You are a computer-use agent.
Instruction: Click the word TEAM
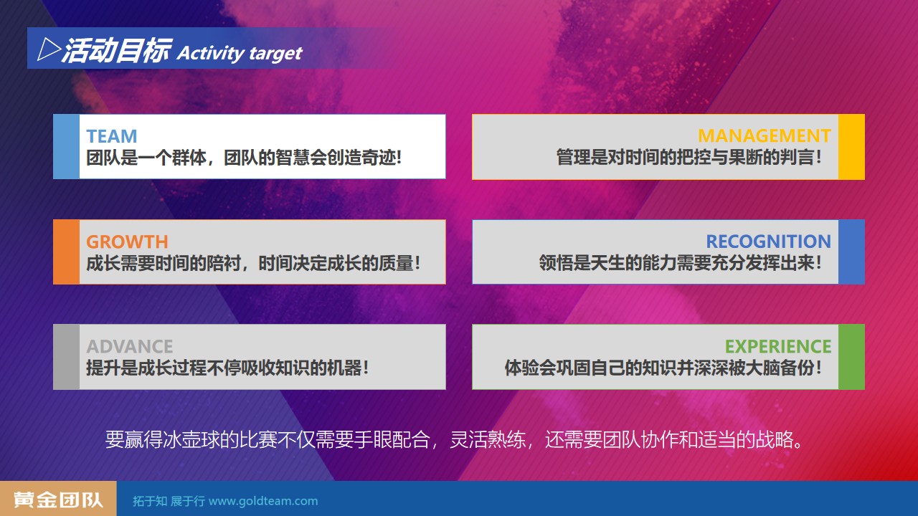coord(111,136)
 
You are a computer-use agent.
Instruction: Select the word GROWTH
coord(127,242)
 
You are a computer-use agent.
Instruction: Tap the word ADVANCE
coord(130,347)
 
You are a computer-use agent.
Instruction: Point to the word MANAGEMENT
coord(765,136)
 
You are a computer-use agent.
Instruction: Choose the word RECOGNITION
coord(768,242)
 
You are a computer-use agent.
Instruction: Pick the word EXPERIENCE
coord(778,347)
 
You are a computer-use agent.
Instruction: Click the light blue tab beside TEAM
coord(67,147)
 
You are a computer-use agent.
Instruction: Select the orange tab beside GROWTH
coord(67,252)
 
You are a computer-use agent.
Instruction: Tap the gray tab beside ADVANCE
coord(67,357)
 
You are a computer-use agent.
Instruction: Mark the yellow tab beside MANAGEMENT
coord(851,147)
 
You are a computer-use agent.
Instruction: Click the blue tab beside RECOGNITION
coord(851,252)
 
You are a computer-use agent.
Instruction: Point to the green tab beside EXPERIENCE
coord(851,357)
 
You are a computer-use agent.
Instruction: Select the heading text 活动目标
coord(116,50)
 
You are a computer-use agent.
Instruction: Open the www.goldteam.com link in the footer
coord(263,501)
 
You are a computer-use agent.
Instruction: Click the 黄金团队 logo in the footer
coord(58,500)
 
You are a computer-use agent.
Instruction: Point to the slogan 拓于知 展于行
coord(169,501)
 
